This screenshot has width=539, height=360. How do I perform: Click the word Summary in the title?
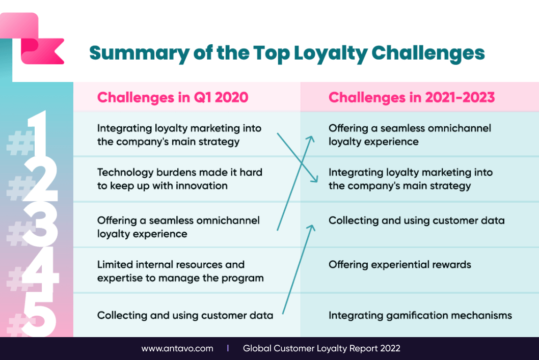click(139, 53)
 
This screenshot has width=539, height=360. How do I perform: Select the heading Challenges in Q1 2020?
click(173, 98)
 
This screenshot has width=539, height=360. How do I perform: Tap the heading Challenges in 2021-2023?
click(412, 98)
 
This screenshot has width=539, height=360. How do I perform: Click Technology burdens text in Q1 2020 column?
click(179, 179)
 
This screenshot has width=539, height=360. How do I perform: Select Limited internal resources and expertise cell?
click(180, 271)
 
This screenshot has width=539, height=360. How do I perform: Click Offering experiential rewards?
click(400, 265)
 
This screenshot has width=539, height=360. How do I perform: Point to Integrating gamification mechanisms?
click(420, 315)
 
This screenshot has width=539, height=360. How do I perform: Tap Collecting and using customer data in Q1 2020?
click(185, 315)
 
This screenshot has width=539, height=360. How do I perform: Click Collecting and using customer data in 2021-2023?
click(417, 220)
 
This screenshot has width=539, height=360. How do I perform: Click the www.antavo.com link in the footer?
click(177, 348)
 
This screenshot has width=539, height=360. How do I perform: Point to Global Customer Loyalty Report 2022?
click(321, 348)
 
